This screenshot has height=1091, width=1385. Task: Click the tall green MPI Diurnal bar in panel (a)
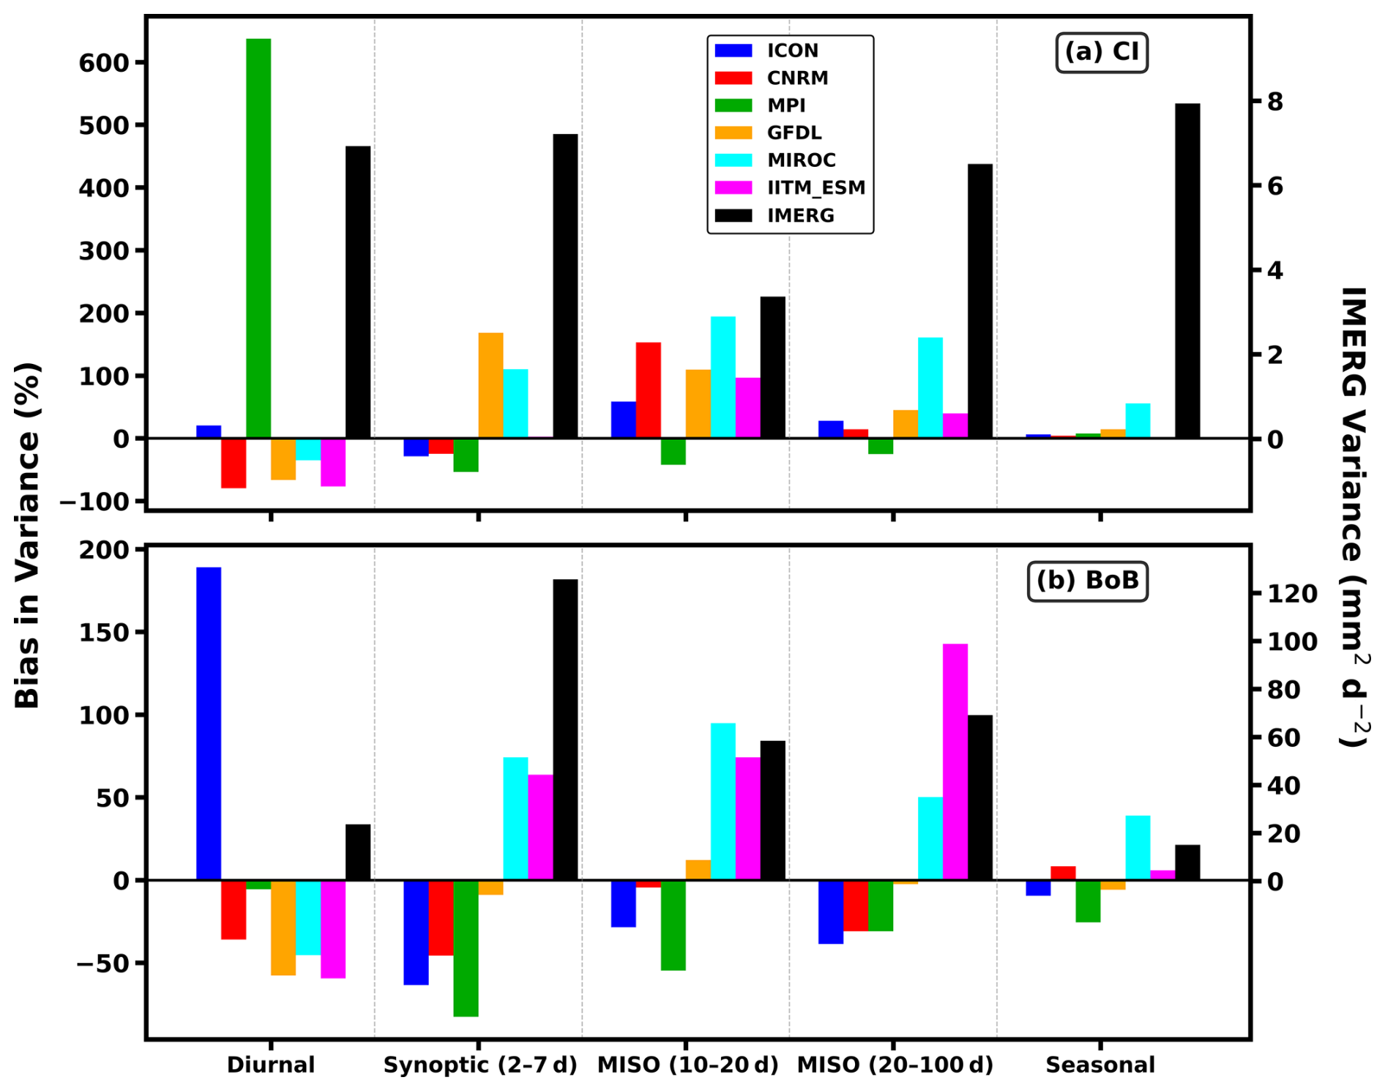point(258,238)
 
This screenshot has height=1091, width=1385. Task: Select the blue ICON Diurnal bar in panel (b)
point(209,723)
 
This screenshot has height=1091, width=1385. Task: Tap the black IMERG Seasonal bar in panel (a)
point(1187,271)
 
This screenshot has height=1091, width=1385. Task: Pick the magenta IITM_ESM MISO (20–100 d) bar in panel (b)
point(955,762)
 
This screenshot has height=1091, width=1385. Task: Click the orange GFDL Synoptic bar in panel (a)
point(490,385)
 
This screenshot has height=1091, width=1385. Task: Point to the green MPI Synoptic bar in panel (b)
point(466,948)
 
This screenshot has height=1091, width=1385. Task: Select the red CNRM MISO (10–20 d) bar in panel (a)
point(649,390)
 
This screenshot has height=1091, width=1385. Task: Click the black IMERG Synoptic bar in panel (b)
point(565,729)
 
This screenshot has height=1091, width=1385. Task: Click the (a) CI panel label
point(1102,52)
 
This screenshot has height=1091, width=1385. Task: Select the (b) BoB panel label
point(1088,581)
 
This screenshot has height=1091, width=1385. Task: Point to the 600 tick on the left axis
point(103,62)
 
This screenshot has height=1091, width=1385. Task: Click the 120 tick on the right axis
point(1293,593)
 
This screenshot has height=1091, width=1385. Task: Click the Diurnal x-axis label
point(271,1065)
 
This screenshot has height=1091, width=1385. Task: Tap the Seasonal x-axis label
point(1100,1065)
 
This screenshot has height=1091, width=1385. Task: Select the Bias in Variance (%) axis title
point(27,535)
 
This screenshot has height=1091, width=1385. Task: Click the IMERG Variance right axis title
point(1354,516)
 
